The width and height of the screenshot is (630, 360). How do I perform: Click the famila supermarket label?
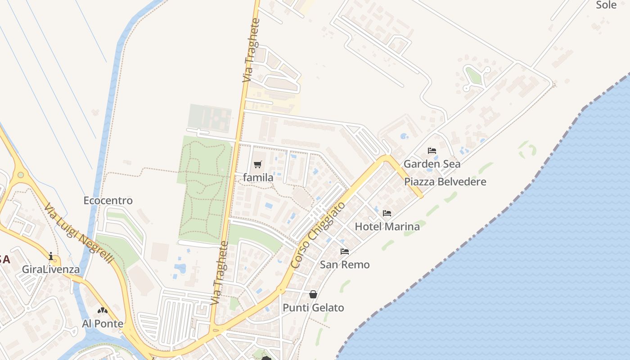(258, 178)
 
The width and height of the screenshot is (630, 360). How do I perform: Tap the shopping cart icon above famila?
(257, 165)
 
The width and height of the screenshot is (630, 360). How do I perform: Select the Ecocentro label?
(108, 201)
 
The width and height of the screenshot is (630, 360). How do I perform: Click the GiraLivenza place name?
(51, 270)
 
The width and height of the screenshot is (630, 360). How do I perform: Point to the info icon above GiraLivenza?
(51, 256)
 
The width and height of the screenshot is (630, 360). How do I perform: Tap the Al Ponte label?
(103, 324)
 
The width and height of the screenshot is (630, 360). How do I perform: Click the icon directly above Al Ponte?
(103, 310)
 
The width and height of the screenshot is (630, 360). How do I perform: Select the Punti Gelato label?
(313, 308)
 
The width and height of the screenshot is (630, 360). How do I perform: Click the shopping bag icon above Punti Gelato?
(313, 294)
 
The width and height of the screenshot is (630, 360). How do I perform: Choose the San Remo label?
(345, 265)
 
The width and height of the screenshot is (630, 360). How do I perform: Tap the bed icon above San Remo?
(345, 252)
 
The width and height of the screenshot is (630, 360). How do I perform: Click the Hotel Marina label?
(387, 226)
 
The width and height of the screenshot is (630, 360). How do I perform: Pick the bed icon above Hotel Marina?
(387, 213)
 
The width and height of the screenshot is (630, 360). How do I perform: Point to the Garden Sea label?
(432, 164)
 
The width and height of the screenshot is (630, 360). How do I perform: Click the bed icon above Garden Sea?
(432, 151)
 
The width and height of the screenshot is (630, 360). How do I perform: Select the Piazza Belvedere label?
(445, 182)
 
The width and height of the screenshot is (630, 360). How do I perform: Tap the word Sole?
(606, 5)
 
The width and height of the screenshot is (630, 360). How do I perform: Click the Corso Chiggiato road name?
(318, 235)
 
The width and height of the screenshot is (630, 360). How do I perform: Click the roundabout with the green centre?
(20, 175)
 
